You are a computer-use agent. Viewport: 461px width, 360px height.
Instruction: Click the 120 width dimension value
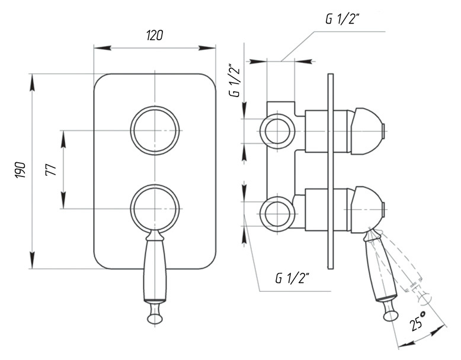click(x=154, y=36)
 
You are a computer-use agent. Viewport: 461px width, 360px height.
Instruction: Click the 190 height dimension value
click(x=20, y=170)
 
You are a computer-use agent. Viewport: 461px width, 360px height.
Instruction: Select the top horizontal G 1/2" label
click(x=342, y=20)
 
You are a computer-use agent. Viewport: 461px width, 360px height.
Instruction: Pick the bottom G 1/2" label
click(x=292, y=278)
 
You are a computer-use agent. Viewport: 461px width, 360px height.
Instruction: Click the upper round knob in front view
click(x=155, y=130)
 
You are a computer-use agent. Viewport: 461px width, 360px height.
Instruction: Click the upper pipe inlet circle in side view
click(x=277, y=131)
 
